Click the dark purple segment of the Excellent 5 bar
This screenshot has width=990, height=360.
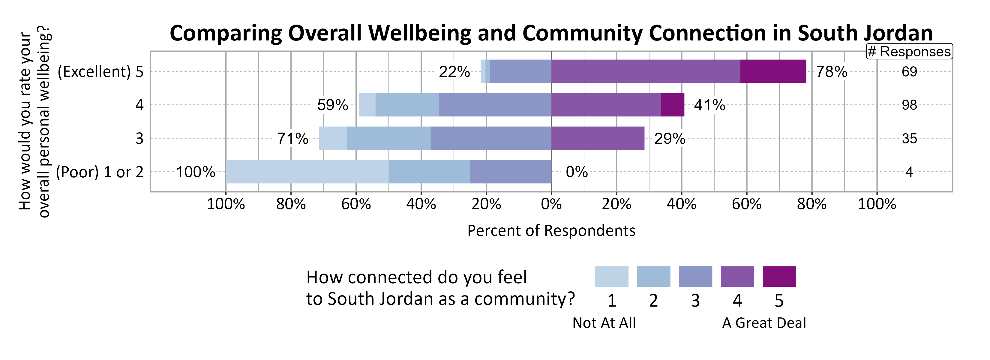(773, 71)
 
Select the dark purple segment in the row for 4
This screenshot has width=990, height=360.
(673, 105)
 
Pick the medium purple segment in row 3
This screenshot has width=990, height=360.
(598, 138)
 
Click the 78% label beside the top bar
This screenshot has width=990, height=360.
(831, 72)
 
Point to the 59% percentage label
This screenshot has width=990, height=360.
(332, 105)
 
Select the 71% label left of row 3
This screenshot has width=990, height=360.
(293, 138)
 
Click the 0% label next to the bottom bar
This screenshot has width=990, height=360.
(577, 172)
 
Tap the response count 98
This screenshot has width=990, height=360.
(909, 105)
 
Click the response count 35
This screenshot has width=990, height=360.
(909, 138)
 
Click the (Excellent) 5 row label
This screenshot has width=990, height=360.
(100, 71)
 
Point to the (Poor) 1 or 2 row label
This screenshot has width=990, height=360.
(100, 172)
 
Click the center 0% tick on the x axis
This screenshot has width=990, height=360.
(551, 204)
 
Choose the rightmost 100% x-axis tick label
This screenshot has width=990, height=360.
(877, 204)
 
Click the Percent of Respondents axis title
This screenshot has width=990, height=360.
(551, 230)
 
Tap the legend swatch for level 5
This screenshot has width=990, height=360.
(779, 276)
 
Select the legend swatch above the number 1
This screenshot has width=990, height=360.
(611, 276)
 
